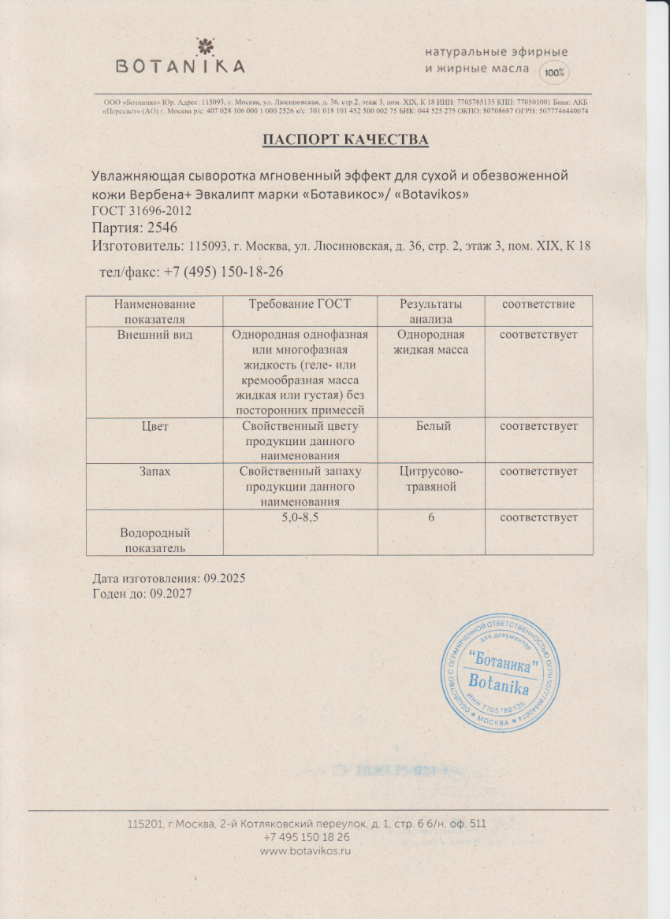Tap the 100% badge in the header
coord(554,72)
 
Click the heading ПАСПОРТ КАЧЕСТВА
coord(345,140)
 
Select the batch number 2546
coord(163,228)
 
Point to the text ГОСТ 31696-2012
coord(142,211)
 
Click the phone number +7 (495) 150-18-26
coord(223,271)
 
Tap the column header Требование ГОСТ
coord(300,304)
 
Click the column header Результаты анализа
coord(430,311)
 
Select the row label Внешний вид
coord(154,335)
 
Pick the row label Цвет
coord(154,426)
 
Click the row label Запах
coord(154,471)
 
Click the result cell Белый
coord(432,426)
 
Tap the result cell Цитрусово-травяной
coord(432,478)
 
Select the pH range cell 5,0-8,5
coord(300,517)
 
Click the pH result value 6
coord(432,517)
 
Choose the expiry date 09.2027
coord(170,594)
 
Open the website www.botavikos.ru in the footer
coord(304,851)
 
